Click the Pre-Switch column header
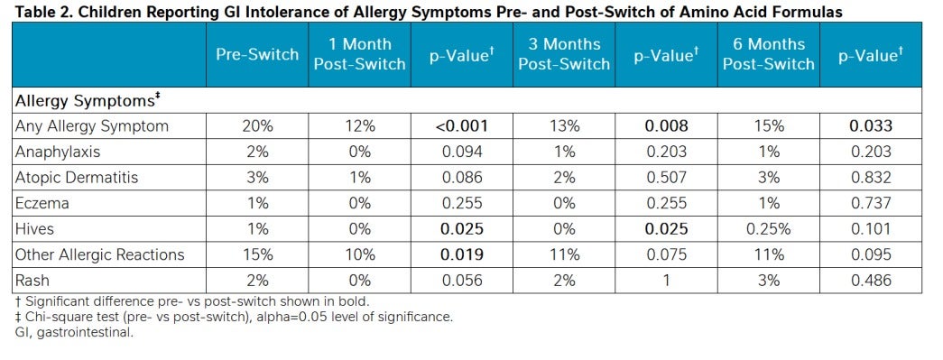point(257,54)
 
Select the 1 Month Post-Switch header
point(360,54)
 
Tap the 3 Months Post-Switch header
point(564,54)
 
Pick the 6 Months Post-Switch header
point(769,54)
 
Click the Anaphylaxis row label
point(57,152)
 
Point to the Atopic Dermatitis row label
point(77,178)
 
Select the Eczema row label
point(42,203)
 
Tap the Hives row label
point(35,229)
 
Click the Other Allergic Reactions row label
point(100,254)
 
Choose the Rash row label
point(32,280)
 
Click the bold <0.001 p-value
point(462,126)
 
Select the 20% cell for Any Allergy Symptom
point(257,126)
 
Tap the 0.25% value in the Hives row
point(769,229)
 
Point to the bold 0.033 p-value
point(871,126)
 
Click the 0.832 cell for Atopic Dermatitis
point(871,178)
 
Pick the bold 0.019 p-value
point(462,254)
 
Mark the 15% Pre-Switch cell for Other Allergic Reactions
point(257,254)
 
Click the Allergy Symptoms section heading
point(87,101)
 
